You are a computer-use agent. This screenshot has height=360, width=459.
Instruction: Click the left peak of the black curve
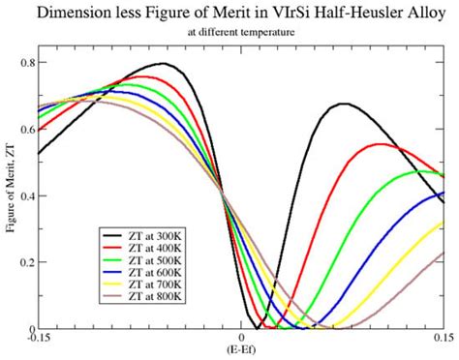pos(164,64)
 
